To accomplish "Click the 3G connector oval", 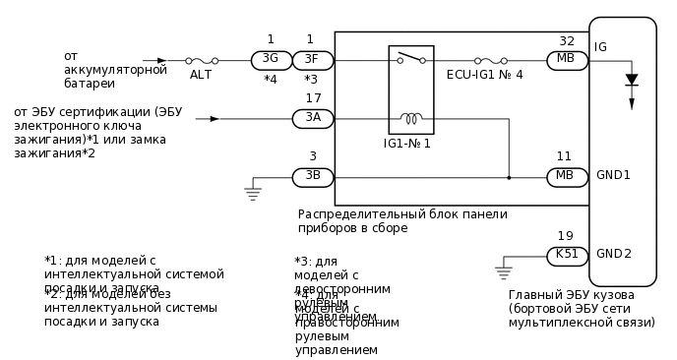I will [271, 60].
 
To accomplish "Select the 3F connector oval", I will [313, 60].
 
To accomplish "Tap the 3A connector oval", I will [313, 119].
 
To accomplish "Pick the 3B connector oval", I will [313, 177].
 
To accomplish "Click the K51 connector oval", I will [567, 256].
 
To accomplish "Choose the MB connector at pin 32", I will [567, 60].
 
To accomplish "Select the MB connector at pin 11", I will [567, 177].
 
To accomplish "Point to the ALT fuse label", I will [200, 75].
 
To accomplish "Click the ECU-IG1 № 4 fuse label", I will [485, 75].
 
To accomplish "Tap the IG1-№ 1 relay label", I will [407, 144].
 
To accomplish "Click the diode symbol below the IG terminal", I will [632, 80].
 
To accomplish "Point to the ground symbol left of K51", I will [503, 270].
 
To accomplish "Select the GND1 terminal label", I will [613, 175].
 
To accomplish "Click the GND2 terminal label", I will [613, 254].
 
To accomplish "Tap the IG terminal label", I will [600, 46].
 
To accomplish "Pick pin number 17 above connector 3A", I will [313, 98].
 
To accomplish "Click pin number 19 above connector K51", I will [565, 236].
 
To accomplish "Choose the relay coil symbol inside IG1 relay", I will [410, 119].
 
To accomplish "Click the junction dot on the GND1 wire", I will [509, 178].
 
